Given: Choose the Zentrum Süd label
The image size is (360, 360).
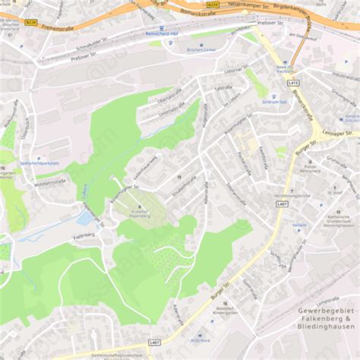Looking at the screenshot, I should (x=273, y=101).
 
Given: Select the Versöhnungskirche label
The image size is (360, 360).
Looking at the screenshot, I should (x=292, y=196).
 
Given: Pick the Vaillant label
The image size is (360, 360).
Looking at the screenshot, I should (x=298, y=225).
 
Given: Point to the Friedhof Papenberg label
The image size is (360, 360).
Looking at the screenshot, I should (x=139, y=213).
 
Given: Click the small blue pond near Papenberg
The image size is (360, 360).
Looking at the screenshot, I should (x=86, y=218).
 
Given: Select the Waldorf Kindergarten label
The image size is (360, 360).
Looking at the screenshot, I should (x=226, y=311).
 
